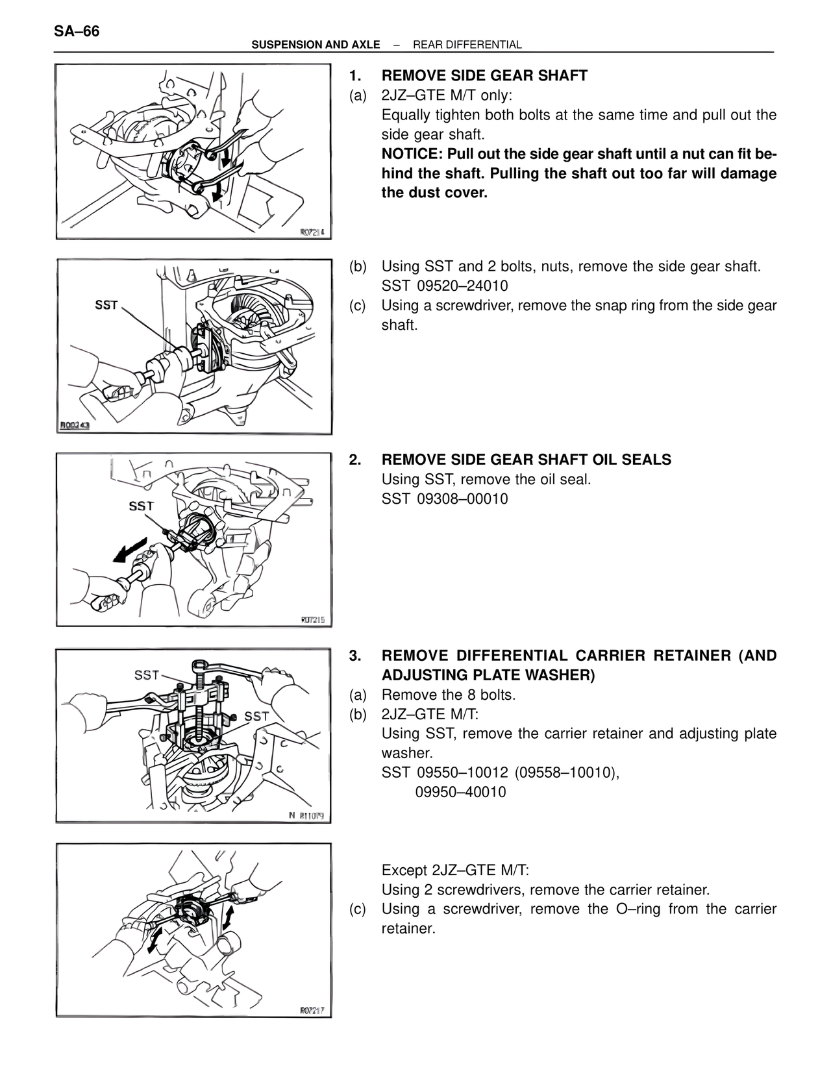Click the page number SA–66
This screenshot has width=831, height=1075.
pyautogui.click(x=77, y=31)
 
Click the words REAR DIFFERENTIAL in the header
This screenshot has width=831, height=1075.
pyautogui.click(x=467, y=45)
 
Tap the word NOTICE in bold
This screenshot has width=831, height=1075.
pyautogui.click(x=412, y=154)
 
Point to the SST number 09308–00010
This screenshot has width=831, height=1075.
pyautogui.click(x=462, y=499)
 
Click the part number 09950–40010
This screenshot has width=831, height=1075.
pyautogui.click(x=460, y=792)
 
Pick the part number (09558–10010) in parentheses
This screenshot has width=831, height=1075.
pyautogui.click(x=567, y=772)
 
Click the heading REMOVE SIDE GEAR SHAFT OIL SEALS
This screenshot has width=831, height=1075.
pyautogui.click(x=527, y=460)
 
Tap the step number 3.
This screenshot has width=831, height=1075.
pyautogui.click(x=354, y=656)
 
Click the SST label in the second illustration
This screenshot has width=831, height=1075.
pyautogui.click(x=106, y=305)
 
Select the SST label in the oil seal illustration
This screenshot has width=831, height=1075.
pyautogui.click(x=142, y=506)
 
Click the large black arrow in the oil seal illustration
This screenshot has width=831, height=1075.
pyautogui.click(x=130, y=550)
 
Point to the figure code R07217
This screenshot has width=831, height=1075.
pyautogui.click(x=312, y=1010)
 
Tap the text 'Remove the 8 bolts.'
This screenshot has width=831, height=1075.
pyautogui.click(x=449, y=695)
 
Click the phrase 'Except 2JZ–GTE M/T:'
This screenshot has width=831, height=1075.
pyautogui.click(x=455, y=870)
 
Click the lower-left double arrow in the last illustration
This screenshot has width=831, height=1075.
pyautogui.click(x=155, y=941)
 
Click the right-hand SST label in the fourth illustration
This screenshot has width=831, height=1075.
pyautogui.click(x=256, y=716)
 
